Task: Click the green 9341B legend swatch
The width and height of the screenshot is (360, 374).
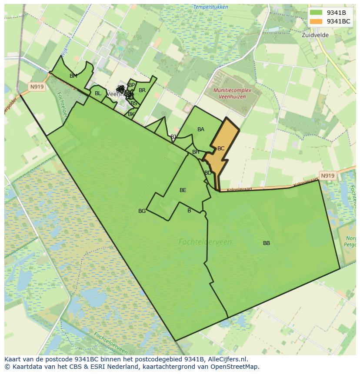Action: pos(316,13)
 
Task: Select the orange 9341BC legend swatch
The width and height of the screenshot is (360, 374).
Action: pos(316,21)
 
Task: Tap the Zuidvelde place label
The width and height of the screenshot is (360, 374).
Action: pos(315,35)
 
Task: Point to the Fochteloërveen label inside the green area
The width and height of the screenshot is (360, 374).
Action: pos(205,242)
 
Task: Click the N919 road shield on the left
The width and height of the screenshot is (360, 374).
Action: pos(37,87)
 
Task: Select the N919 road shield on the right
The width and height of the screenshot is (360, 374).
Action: pos(327,175)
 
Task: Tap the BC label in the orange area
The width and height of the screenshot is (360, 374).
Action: pos(221,149)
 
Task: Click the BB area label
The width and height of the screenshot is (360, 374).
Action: pos(267,243)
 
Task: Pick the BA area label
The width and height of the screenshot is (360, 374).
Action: pos(201,129)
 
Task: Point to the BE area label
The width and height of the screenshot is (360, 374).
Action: pos(183,190)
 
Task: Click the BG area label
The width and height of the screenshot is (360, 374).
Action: pos(142,211)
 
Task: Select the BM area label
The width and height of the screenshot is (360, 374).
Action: pos(73,76)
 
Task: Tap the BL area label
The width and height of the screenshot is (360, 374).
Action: pos(98,93)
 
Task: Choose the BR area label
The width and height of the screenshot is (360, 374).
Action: pos(142,90)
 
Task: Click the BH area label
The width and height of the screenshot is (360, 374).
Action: pos(196,152)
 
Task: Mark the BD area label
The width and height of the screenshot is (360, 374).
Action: pos(208,173)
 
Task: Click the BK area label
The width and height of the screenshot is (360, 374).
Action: pos(131,114)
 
